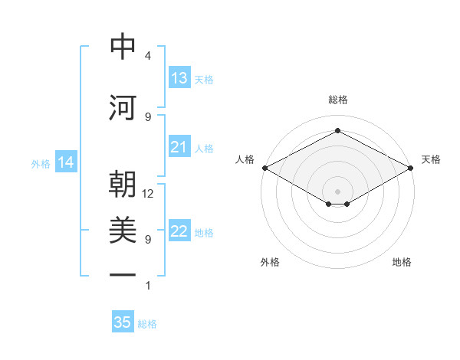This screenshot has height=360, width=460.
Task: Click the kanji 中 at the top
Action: [123, 46]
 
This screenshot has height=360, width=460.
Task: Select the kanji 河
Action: [123, 107]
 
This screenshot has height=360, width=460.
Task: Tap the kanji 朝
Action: [123, 184]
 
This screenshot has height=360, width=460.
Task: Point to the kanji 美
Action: [123, 230]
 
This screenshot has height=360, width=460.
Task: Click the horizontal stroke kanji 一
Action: [123, 275]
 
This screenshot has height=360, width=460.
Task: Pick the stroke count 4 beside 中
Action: [148, 56]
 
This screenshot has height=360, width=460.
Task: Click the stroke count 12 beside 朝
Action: [147, 194]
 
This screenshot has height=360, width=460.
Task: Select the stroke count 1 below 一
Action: [148, 285]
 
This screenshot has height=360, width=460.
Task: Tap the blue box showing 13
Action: [180, 77]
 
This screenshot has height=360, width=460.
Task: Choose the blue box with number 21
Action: [180, 146]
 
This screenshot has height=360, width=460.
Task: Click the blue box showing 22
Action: [180, 230]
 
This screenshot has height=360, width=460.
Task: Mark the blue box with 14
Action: [66, 162]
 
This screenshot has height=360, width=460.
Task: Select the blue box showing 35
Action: [123, 321]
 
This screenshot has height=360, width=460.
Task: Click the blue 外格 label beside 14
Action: [41, 164]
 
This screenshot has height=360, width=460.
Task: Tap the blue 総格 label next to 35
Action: [147, 324]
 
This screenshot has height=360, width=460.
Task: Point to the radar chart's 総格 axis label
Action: [338, 100]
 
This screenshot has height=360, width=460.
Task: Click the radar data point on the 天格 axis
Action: [411, 168]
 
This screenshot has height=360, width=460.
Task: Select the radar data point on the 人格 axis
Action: [265, 168]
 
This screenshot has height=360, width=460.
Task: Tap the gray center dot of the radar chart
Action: [337, 191]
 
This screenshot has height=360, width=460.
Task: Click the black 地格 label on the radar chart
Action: [402, 262]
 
